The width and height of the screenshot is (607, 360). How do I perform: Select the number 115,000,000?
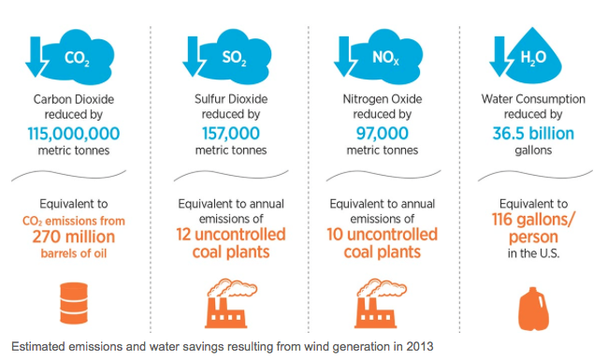click(75, 133)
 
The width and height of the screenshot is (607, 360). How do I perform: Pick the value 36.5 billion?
click(532, 133)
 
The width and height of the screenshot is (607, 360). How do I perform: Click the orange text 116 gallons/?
click(532, 219)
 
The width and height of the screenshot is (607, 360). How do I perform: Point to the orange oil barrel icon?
click(75, 301)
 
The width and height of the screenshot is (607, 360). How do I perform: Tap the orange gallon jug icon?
click(532, 304)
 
